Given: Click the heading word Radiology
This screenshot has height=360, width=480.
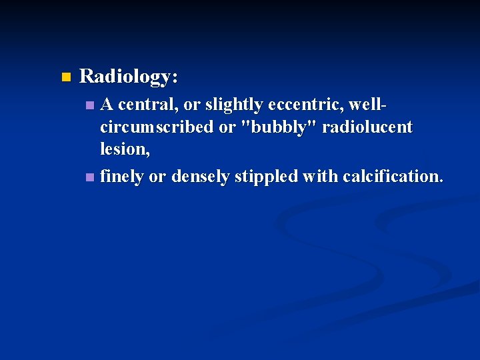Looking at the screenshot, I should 127,77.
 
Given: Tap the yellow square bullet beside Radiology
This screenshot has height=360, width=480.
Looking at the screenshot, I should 65,77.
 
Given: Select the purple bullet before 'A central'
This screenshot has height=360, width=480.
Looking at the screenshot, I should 91,105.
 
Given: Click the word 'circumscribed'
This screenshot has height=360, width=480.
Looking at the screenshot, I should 157,127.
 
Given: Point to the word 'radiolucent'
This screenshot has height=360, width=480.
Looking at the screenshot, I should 367,127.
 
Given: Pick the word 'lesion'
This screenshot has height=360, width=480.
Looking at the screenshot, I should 123,149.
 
